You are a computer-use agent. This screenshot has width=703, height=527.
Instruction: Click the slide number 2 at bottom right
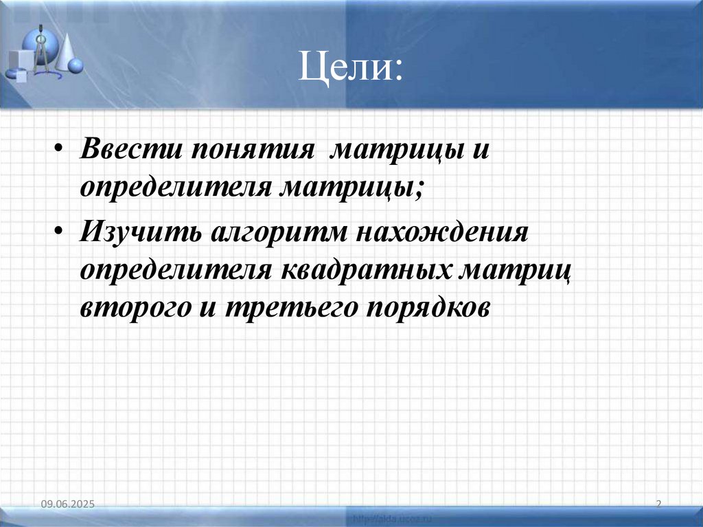[x=658, y=505]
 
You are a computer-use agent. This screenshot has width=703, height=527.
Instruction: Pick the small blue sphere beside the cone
[x=76, y=66]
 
